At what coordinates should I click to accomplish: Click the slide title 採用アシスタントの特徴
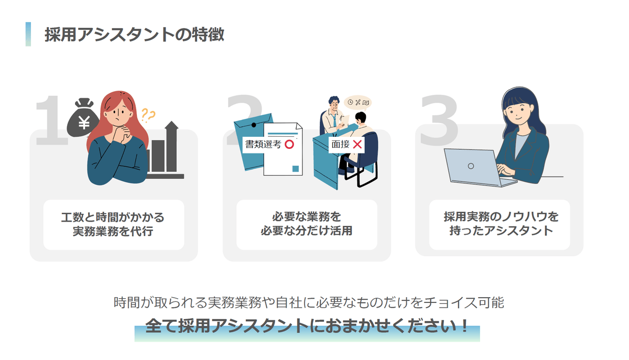point(134,35)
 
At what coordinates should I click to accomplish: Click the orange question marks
point(148,115)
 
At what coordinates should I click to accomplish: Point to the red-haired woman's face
point(119,115)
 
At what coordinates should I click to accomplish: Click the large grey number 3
point(439,120)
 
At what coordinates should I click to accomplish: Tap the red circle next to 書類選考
point(289,144)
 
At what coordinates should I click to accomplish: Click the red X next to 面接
point(357,144)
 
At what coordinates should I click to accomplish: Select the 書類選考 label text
point(263,144)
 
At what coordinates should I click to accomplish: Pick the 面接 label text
point(340,144)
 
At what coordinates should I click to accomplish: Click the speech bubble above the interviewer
point(358,103)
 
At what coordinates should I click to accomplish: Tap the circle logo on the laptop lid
point(471,166)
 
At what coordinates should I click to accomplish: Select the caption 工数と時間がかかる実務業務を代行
point(113,224)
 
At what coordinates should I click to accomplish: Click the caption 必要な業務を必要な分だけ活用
point(306,224)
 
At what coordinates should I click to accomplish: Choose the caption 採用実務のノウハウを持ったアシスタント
point(501,224)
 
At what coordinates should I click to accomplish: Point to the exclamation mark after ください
point(464,325)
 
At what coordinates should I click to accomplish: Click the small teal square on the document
point(296,169)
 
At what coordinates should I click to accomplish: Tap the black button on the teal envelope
point(254,125)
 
